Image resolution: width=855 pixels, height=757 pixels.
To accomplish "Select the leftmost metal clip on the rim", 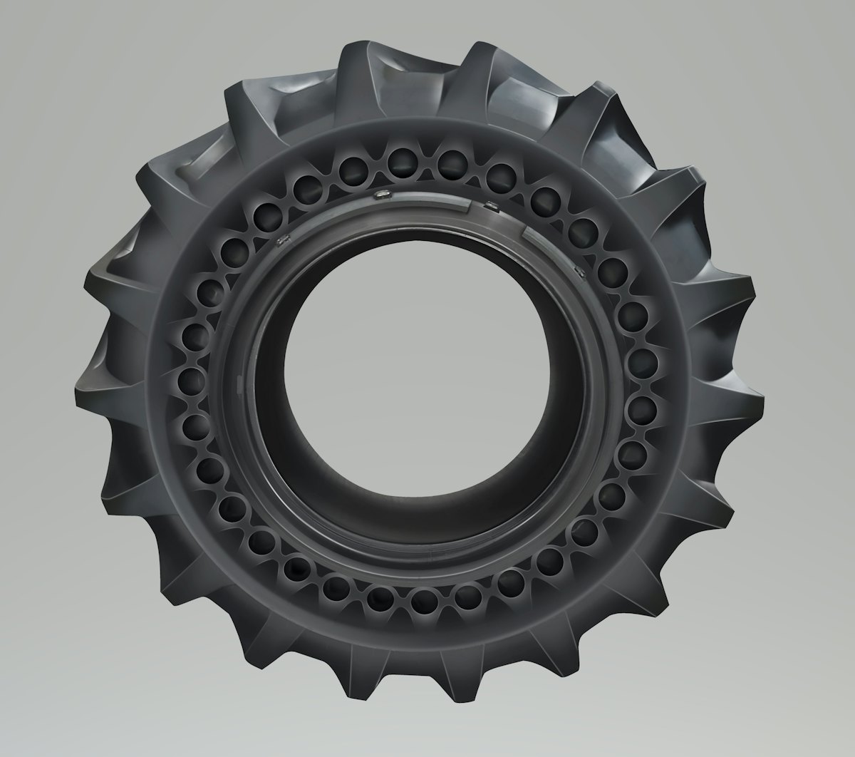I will click(282, 239).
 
